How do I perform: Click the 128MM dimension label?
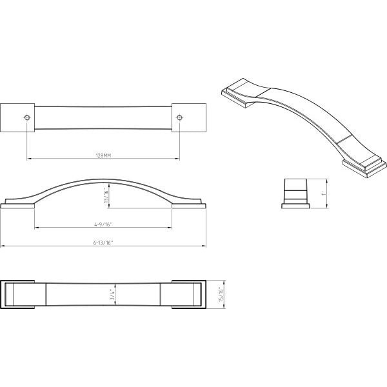103,155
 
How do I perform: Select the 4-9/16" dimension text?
103,224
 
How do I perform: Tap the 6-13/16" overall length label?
103,243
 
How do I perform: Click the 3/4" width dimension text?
112,295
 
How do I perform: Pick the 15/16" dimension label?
221,294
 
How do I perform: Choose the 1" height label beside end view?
324,193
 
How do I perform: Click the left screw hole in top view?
27,117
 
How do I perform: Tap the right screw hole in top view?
179,117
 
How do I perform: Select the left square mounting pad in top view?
17,118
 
